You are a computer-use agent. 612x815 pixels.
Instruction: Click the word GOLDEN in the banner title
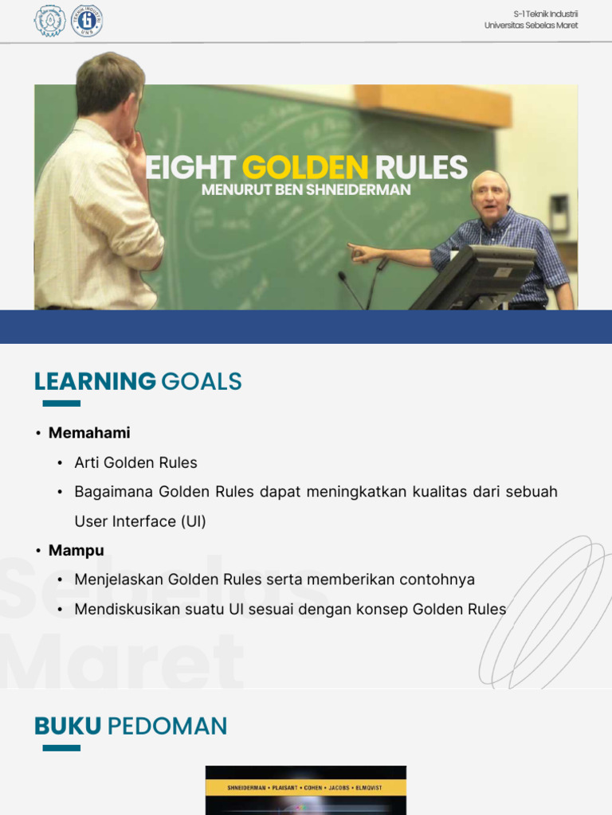click(305, 168)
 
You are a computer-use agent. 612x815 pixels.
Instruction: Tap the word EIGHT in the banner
click(190, 168)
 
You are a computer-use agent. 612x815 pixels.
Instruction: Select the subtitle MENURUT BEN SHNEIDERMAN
click(306, 190)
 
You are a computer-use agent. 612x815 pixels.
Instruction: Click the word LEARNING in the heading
click(95, 382)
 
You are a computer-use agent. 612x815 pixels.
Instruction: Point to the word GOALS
click(201, 382)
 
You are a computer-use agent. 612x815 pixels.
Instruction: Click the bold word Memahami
click(89, 433)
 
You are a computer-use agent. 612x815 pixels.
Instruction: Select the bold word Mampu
click(76, 551)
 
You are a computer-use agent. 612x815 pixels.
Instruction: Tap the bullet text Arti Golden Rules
click(135, 462)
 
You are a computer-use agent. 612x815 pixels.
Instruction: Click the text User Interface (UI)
click(140, 521)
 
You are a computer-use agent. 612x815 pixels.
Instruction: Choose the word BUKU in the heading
click(68, 727)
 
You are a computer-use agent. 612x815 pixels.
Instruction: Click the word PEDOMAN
click(167, 727)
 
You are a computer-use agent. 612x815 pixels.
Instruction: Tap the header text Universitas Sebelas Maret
click(531, 25)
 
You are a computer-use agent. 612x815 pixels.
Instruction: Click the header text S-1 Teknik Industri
click(546, 14)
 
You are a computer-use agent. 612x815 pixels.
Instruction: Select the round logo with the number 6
click(87, 21)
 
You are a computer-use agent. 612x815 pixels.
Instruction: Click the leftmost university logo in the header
click(49, 21)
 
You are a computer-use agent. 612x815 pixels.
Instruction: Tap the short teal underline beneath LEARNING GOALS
click(61, 404)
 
